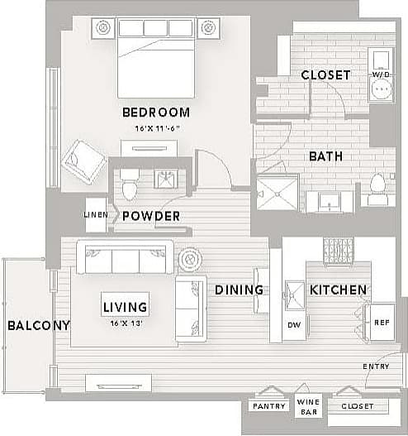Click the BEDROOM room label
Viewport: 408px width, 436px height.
tap(156, 113)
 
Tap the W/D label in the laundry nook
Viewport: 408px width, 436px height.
tap(380, 74)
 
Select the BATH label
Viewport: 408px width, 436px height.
tap(325, 156)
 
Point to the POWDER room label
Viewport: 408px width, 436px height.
tap(151, 216)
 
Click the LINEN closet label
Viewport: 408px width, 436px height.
tap(96, 215)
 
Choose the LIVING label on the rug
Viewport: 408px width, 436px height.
tap(126, 307)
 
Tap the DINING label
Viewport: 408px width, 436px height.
tap(240, 290)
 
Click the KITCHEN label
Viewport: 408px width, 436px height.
tap(338, 290)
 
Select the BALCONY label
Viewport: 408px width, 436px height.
tap(38, 325)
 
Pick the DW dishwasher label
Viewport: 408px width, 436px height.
tap(293, 325)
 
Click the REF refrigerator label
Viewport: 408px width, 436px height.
tap(381, 323)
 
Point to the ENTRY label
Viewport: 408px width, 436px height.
tap(376, 367)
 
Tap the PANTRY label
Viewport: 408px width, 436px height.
tap(268, 406)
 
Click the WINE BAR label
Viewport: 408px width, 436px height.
tap(309, 406)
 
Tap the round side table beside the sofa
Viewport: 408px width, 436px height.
tap(190, 260)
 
